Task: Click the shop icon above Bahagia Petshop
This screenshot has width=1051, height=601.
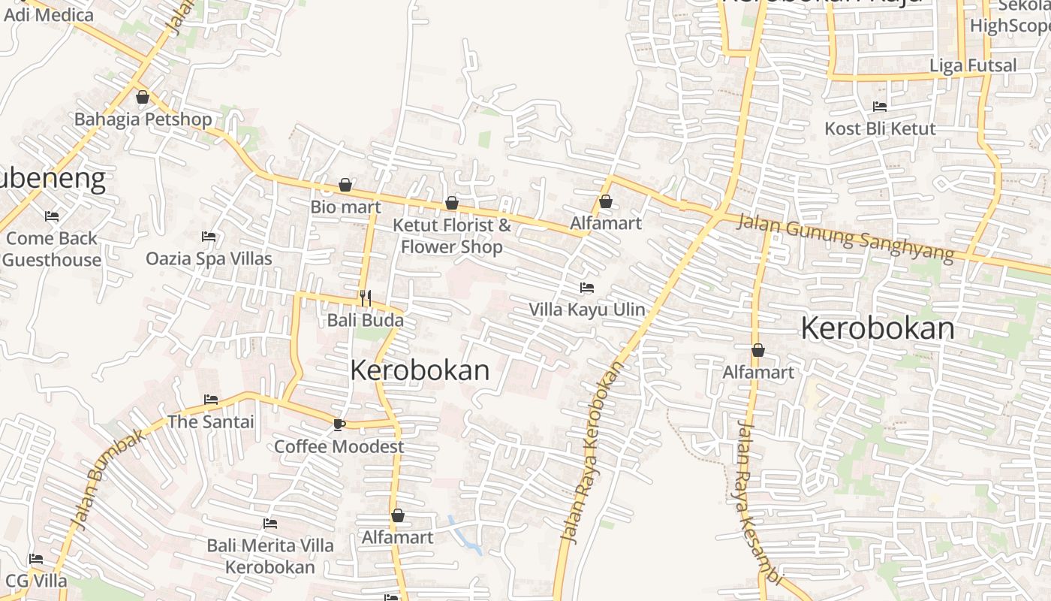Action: (143, 97)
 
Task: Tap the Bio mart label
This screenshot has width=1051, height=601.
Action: (345, 207)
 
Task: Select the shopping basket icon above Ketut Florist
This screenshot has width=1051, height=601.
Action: (451, 203)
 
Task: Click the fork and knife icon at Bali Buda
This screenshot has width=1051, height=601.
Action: (366, 298)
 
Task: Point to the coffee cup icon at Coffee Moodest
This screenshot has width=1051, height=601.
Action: (339, 424)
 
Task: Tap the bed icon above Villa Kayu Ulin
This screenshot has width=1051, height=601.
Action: (587, 288)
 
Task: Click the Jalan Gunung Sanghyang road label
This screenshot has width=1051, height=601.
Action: (845, 237)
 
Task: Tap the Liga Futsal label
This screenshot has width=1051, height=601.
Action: (973, 65)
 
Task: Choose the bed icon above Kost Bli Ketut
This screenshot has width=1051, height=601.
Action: (880, 107)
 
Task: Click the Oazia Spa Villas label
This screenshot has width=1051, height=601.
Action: (209, 258)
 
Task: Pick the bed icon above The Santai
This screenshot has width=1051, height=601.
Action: (211, 400)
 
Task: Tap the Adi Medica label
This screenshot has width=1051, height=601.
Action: (49, 14)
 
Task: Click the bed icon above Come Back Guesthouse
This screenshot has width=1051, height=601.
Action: (52, 216)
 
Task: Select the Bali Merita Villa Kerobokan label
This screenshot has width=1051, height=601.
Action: (270, 556)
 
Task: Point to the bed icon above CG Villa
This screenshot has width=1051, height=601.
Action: (35, 559)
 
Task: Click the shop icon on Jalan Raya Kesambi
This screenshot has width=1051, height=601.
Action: (758, 350)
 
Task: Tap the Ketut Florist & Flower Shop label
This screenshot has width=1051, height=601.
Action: (452, 236)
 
